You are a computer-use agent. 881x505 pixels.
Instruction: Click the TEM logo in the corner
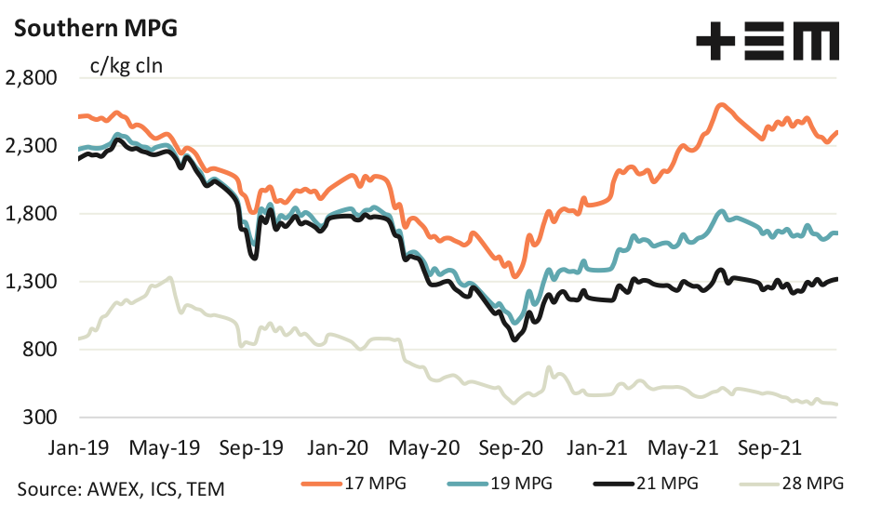point(768,41)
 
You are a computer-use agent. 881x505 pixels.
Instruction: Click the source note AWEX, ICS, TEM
point(120,487)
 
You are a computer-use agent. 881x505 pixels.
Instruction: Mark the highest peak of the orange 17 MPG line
point(721,105)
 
